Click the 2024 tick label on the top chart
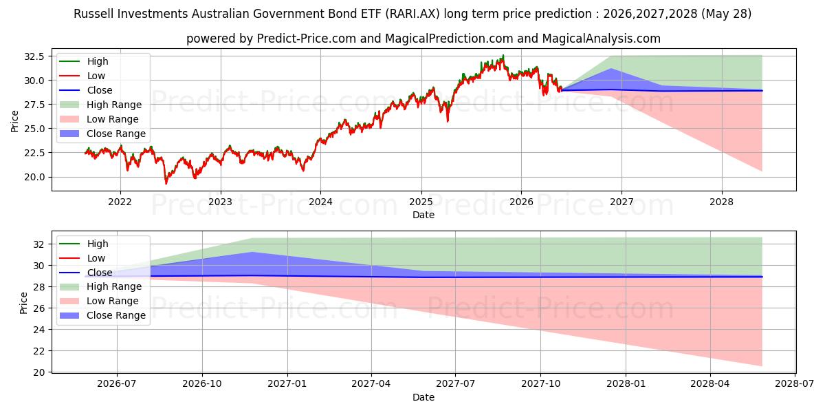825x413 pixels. point(320,202)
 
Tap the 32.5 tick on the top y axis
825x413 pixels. point(34,56)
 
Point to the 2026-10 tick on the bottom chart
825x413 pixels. point(202,383)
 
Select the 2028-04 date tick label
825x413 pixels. point(710,383)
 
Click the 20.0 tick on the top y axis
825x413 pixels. point(34,177)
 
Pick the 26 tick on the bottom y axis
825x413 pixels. point(38,308)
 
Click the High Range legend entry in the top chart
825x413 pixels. point(100,105)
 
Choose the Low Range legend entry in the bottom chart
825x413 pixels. point(99,301)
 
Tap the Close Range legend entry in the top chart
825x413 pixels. point(102,134)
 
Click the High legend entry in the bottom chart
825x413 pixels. point(84,244)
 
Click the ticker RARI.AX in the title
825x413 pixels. point(412,14)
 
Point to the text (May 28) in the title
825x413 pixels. point(726,14)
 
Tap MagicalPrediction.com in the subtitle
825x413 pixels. point(449,39)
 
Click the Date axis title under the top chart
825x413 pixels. point(423,215)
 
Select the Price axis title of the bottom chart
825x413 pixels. point(23,303)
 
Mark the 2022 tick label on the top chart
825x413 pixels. point(120,202)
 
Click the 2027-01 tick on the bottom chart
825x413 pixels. point(287,383)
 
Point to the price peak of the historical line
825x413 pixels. point(503,55)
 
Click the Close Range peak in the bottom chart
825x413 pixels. point(252,252)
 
